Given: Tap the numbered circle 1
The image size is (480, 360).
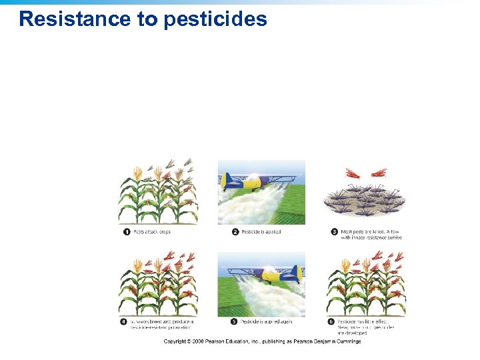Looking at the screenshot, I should (126, 232).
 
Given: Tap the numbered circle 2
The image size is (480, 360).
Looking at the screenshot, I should (235, 232).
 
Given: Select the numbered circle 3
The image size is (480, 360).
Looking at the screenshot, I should (334, 232).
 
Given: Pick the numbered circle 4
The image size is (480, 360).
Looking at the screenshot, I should (124, 321).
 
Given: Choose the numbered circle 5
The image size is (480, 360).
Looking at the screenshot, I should (234, 321).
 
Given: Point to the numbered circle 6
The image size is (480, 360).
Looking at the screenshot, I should (331, 321).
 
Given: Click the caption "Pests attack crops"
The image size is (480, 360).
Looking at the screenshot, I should (152, 232).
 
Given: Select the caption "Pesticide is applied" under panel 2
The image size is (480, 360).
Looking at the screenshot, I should (261, 232).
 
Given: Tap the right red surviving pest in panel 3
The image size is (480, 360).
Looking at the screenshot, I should (378, 173).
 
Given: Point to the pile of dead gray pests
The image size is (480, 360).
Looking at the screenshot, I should (363, 200).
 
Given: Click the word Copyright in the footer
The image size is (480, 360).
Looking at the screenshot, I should (178, 341).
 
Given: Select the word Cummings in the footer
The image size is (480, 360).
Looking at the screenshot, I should (347, 341).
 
